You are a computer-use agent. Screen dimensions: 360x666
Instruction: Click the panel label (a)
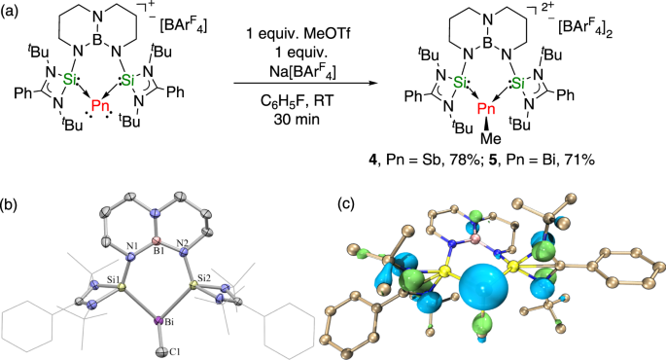click(x=12, y=10)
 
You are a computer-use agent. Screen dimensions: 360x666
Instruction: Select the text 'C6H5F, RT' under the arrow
click(x=309, y=102)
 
